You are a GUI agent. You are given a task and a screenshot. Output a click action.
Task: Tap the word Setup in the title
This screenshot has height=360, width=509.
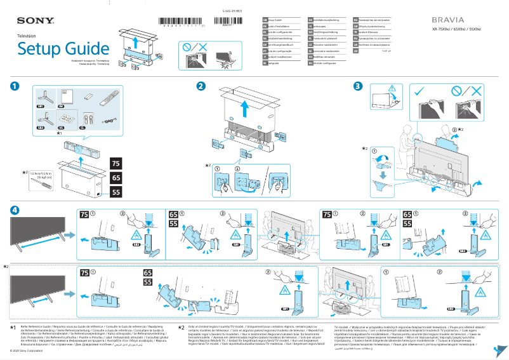39,48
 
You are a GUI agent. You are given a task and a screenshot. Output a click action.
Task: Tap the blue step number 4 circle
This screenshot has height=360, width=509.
13,210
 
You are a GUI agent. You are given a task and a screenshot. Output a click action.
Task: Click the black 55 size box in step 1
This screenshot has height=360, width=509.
116,191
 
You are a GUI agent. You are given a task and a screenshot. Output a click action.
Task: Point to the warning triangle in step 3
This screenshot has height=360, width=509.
391,87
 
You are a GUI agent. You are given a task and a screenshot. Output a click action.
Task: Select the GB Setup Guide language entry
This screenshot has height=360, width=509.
273,21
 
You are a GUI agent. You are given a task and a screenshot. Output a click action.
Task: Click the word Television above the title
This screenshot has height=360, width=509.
27,36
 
